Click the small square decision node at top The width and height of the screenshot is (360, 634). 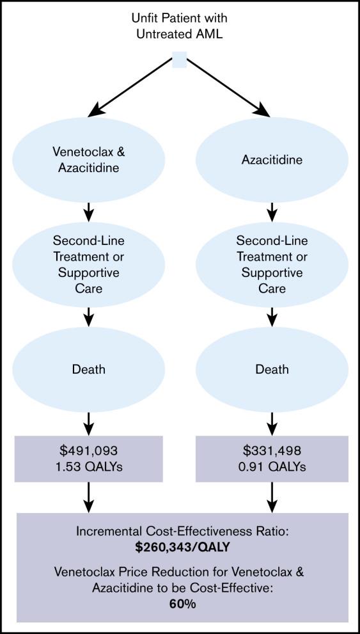pos(180,61)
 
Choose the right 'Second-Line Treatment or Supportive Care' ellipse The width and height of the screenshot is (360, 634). pos(271,265)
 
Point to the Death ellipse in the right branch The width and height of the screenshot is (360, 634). pos(271,369)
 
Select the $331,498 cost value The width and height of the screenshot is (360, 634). pos(271,450)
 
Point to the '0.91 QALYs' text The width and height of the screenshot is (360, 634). pos(271,466)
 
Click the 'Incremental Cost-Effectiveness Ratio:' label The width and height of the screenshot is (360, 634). pos(182,530)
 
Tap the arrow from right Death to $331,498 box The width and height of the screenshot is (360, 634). pos(271,421)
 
